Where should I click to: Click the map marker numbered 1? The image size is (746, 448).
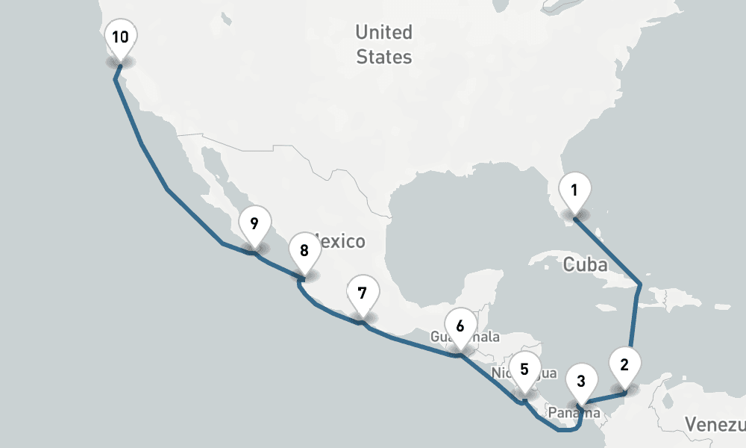pyautogui.click(x=574, y=191)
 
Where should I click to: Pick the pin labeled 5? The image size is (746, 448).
pyautogui.click(x=524, y=370)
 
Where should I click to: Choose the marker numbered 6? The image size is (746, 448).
pyautogui.click(x=460, y=326)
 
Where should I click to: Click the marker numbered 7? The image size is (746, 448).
pyautogui.click(x=362, y=293)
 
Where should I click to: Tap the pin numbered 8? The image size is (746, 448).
pyautogui.click(x=304, y=252)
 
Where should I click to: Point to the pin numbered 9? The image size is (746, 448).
pyautogui.click(x=254, y=223)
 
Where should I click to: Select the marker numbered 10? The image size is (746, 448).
pyautogui.click(x=120, y=37)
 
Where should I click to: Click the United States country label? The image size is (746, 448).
pyautogui.click(x=383, y=44)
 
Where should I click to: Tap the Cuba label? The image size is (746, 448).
pyautogui.click(x=585, y=264)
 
